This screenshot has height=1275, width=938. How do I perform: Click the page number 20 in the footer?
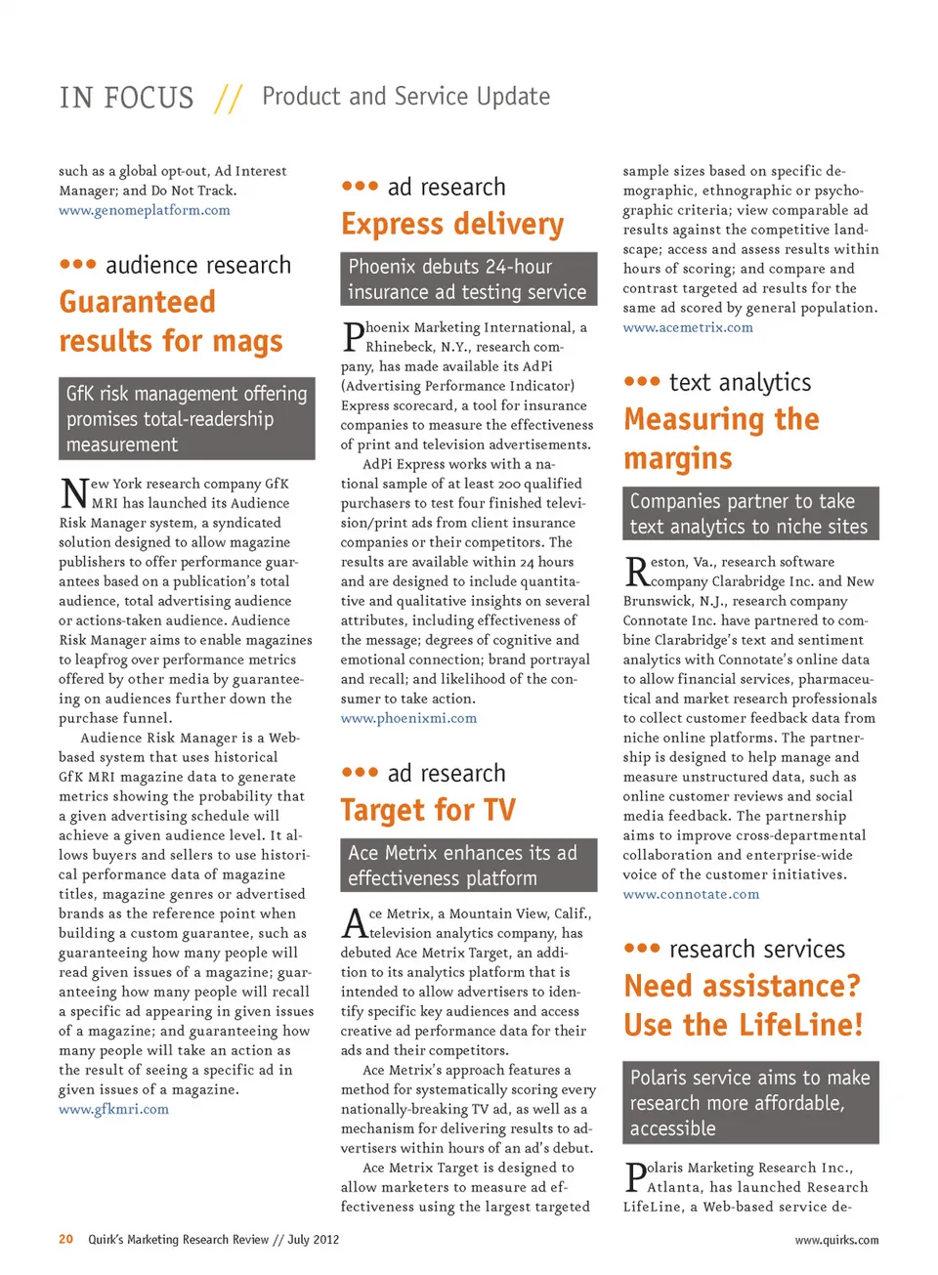[x=65, y=1239]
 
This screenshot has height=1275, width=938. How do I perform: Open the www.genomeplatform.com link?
[x=145, y=210]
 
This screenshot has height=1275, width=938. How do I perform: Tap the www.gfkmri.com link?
[x=113, y=1109]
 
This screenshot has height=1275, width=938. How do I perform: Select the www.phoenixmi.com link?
[x=408, y=718]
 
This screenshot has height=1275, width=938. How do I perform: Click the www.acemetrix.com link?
[x=688, y=327]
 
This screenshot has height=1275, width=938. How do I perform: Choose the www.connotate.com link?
[x=691, y=894]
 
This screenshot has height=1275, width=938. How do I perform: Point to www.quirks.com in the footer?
[x=836, y=1240]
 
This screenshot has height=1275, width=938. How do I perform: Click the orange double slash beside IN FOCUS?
[x=228, y=98]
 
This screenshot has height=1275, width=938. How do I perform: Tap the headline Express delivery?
[x=452, y=225]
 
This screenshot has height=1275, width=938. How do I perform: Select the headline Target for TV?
[x=428, y=810]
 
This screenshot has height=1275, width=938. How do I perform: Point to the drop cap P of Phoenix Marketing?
[x=353, y=337]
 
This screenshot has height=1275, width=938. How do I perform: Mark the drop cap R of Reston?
[x=635, y=571]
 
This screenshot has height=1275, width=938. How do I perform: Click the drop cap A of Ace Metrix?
[x=354, y=922]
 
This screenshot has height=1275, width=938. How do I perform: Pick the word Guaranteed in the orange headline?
[x=137, y=302]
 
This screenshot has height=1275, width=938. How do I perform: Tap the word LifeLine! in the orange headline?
[x=800, y=1025]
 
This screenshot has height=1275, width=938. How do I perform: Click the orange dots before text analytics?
[x=642, y=382]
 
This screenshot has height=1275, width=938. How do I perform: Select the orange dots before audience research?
[x=78, y=265]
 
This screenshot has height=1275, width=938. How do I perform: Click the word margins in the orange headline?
[x=677, y=458]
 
